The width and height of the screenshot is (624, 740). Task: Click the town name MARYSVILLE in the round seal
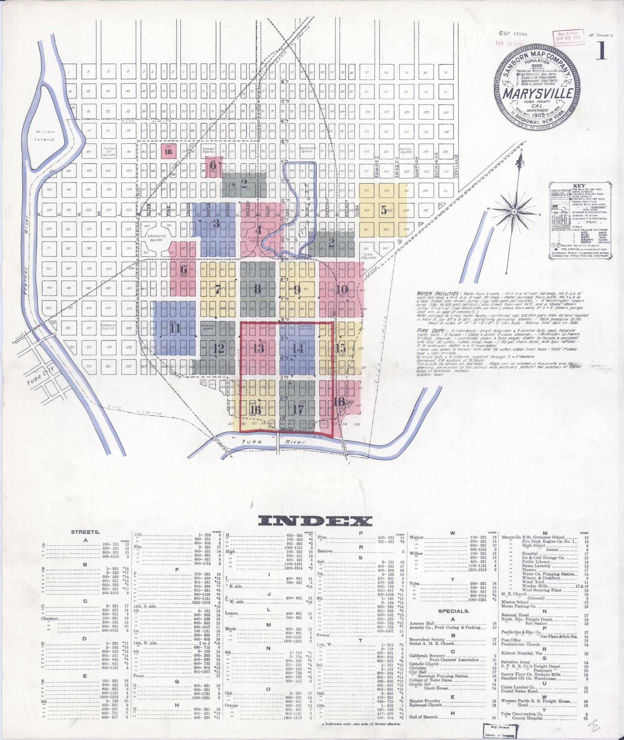[x=538, y=94]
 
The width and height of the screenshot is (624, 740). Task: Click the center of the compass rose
[x=514, y=212]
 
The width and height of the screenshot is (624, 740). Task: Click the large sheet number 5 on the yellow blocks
[x=383, y=210]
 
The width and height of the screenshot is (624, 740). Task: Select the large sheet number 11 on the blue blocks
[x=175, y=329]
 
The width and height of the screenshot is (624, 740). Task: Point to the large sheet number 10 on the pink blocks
[x=342, y=289]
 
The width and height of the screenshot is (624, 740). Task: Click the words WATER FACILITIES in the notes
[x=438, y=294]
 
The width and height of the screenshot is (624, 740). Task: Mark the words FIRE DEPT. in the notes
[x=428, y=331]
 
